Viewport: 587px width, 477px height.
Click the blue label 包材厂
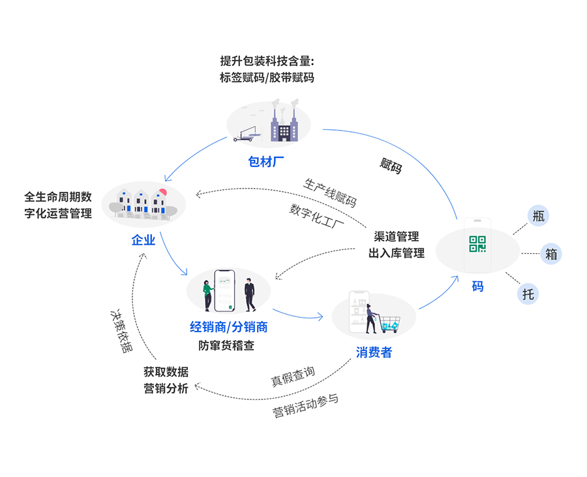coord(267,161)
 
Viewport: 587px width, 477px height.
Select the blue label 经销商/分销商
coord(228,327)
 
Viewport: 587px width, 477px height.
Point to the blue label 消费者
coord(374,352)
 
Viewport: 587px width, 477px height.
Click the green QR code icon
coord(477,243)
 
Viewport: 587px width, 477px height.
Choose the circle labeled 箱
coord(551,254)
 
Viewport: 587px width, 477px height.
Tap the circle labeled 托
coord(528,294)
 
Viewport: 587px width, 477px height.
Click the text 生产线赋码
coord(330,192)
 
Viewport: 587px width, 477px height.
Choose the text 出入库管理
coord(397,253)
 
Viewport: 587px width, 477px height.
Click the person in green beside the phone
coord(208,296)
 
